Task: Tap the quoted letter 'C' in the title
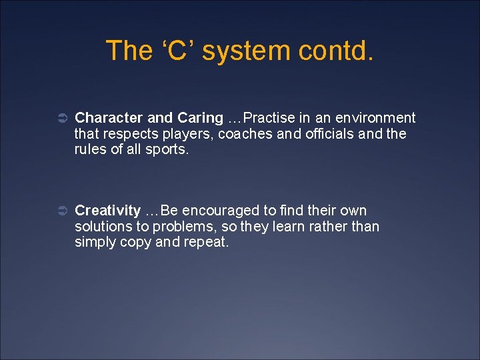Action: point(177,51)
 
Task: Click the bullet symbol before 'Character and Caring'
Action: point(59,119)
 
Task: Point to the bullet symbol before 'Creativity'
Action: point(59,211)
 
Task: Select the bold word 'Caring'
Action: point(200,118)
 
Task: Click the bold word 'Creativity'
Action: point(108,211)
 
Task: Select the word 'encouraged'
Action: point(221,211)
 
